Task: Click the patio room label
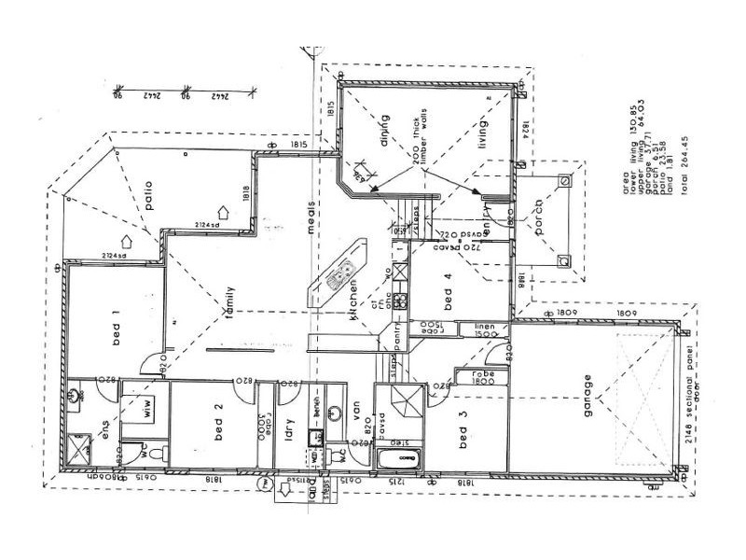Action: tap(147, 189)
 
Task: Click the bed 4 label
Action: tap(449, 296)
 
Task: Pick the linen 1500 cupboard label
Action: tap(490, 329)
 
